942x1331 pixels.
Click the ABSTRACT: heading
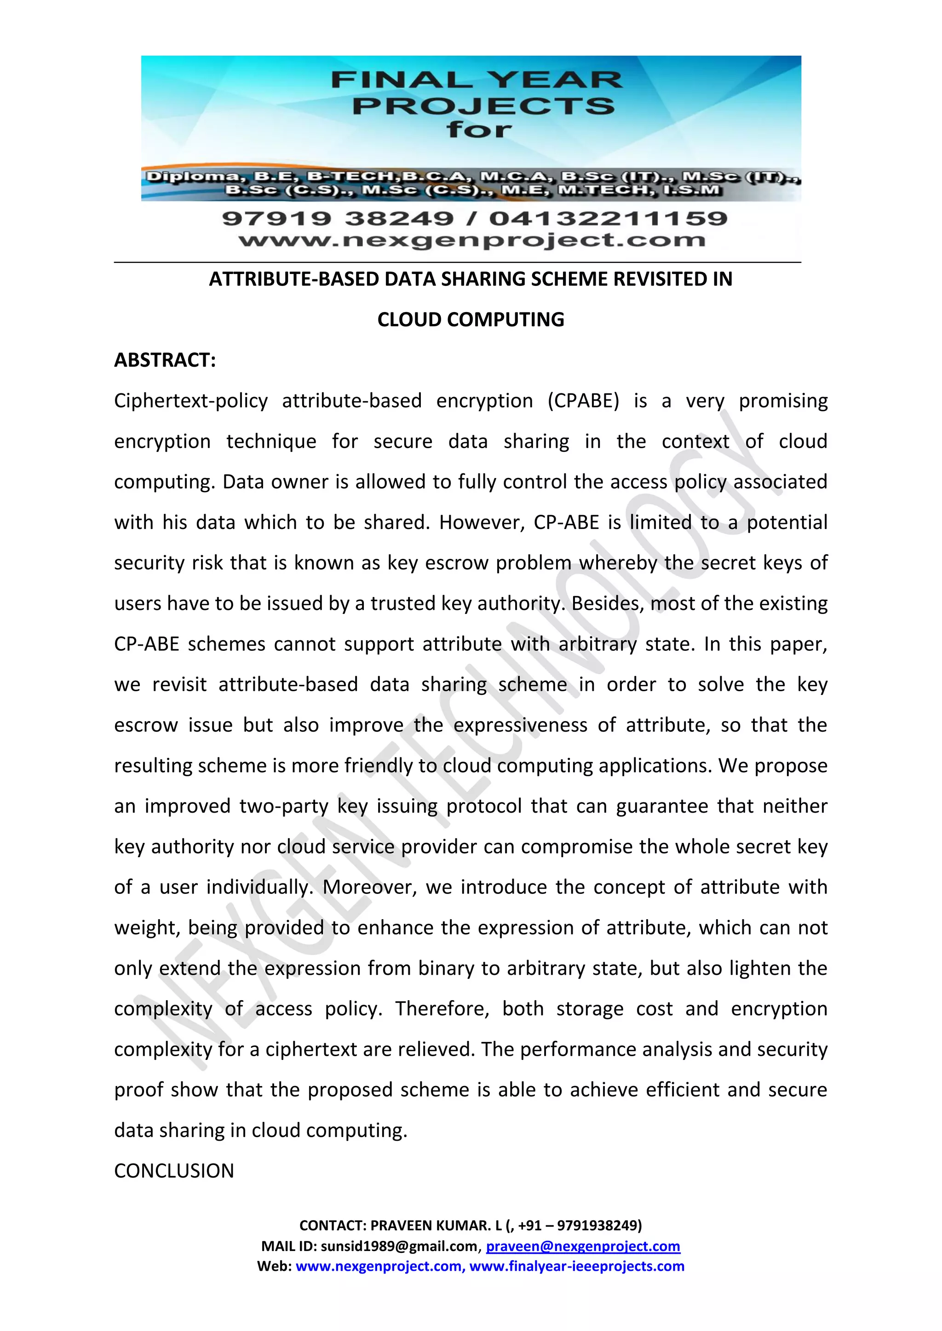[165, 360]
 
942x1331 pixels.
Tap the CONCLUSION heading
[174, 1171]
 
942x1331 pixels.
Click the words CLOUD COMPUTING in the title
[471, 319]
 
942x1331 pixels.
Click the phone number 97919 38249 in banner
[338, 219]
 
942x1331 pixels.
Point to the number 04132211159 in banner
[608, 219]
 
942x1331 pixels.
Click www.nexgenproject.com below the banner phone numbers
[471, 240]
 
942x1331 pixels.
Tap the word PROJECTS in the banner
[483, 106]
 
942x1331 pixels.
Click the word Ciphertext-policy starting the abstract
[191, 401]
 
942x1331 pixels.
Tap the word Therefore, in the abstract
[442, 1009]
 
